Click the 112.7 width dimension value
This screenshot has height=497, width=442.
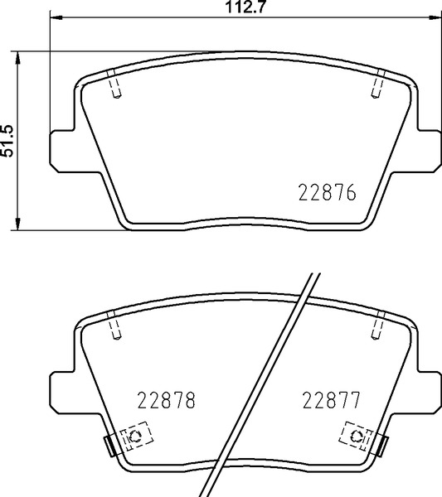click(x=245, y=7)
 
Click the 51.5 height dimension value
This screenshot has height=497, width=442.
click(x=7, y=141)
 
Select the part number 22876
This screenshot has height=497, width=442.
click(x=327, y=192)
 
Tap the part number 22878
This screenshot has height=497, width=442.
click(x=166, y=400)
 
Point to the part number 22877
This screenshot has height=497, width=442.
click(x=332, y=400)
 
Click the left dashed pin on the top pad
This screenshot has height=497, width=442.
click(x=114, y=84)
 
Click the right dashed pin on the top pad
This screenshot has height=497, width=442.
click(x=378, y=84)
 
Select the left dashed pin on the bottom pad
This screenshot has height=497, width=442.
click(x=114, y=326)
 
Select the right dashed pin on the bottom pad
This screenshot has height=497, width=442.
click(x=378, y=326)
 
